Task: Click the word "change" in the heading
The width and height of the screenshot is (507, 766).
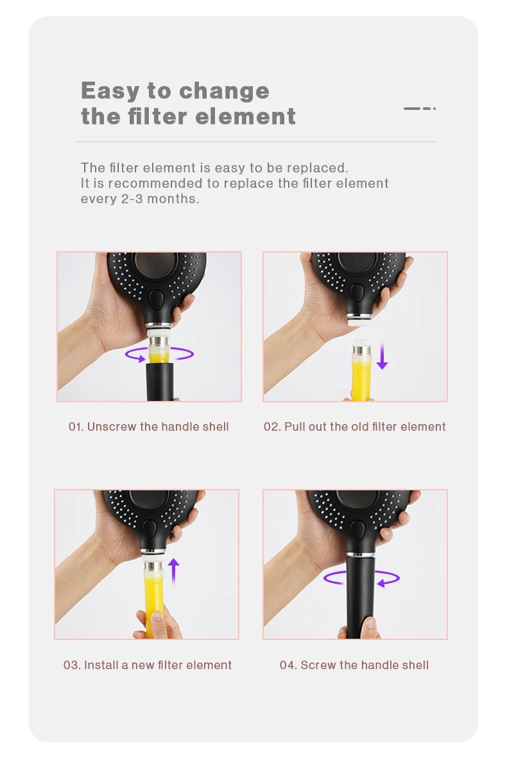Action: click(x=224, y=91)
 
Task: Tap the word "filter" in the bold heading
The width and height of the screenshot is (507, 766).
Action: click(x=158, y=117)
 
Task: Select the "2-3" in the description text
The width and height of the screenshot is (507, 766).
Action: click(x=132, y=199)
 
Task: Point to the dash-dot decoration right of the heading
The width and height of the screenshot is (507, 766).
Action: click(x=420, y=109)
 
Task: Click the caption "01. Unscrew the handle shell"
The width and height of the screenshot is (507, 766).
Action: click(x=149, y=427)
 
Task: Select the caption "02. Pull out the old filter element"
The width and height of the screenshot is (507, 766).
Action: click(x=355, y=427)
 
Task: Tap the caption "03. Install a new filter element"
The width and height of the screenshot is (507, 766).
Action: click(x=148, y=665)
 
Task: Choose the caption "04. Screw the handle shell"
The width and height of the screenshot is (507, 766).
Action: click(x=354, y=665)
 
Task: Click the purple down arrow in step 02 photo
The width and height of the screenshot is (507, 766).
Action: click(x=382, y=355)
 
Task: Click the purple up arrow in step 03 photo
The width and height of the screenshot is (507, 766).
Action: click(x=173, y=572)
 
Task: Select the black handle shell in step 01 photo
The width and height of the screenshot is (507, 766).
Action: click(x=160, y=382)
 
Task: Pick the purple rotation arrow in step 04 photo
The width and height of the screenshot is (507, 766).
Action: click(x=361, y=578)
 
